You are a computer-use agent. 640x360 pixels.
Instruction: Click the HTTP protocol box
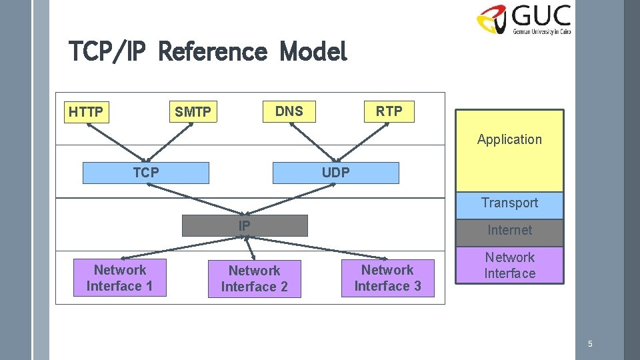tap(86, 112)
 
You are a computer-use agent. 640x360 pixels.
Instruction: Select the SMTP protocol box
tap(193, 112)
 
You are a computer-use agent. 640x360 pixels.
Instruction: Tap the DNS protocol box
tap(289, 111)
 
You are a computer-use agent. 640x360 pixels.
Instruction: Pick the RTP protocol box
tap(389, 111)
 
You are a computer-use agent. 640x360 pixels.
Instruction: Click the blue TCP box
tap(145, 173)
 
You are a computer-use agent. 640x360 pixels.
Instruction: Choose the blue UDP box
tap(335, 173)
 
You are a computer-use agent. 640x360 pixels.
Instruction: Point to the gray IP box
tap(245, 226)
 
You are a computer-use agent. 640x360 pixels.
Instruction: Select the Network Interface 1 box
tap(120, 278)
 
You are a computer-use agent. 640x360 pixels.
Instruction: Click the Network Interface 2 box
tap(254, 279)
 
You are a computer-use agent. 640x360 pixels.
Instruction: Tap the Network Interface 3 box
tap(387, 278)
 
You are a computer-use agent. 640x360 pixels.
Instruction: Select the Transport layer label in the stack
tap(509, 203)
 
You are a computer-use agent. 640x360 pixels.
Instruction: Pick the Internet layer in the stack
tap(509, 231)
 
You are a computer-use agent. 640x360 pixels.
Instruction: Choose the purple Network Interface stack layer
tap(509, 265)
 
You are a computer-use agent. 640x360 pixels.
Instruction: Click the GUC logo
tap(524, 19)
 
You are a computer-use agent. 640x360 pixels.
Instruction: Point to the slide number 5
tap(589, 344)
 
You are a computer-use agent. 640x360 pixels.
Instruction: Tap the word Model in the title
tap(314, 51)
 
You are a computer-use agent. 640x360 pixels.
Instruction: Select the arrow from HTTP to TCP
tap(114, 141)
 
